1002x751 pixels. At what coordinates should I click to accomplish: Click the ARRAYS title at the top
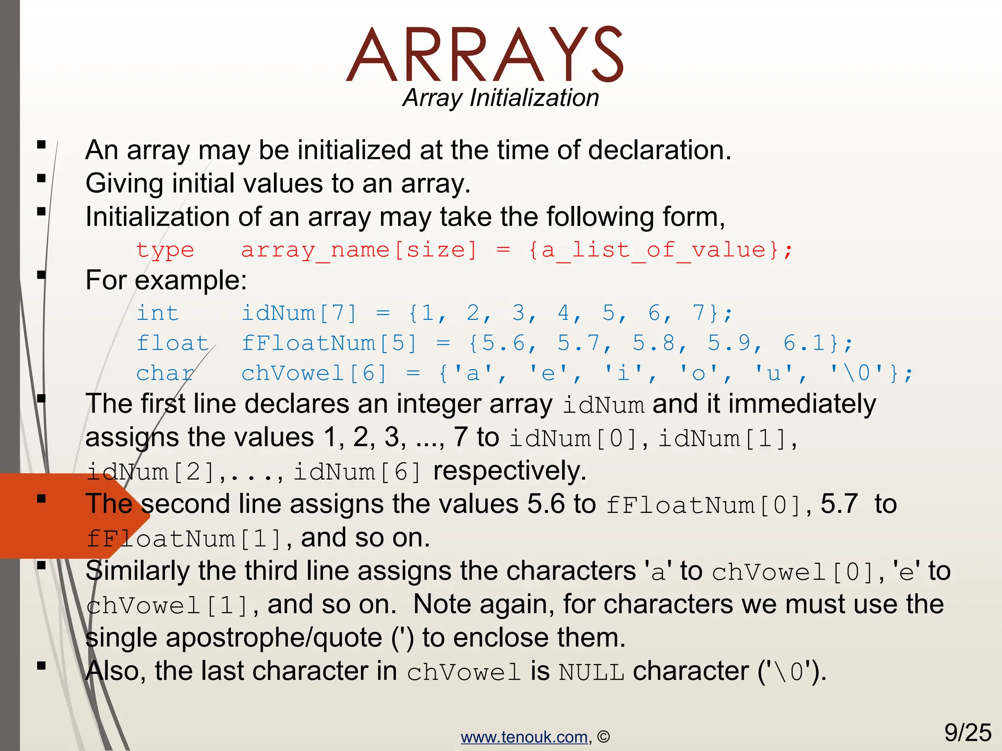(484, 55)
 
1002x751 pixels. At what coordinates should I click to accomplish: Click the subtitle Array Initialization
(501, 98)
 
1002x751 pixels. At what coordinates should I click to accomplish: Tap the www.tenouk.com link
(524, 737)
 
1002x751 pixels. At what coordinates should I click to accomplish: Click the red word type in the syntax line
(165, 251)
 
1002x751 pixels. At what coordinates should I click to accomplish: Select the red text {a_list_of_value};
(660, 250)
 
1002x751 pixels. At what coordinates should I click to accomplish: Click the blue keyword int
(158, 313)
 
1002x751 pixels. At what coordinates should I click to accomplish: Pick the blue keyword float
(173, 343)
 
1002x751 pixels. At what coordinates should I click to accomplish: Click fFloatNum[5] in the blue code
(329, 343)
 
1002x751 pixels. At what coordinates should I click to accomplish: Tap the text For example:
(166, 281)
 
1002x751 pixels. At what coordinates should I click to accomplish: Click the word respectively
(509, 471)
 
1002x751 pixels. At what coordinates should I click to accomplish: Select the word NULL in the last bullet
(591, 672)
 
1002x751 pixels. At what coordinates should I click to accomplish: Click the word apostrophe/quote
(273, 638)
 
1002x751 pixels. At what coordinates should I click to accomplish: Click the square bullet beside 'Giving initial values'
(42, 178)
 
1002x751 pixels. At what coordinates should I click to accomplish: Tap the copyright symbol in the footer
(604, 737)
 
